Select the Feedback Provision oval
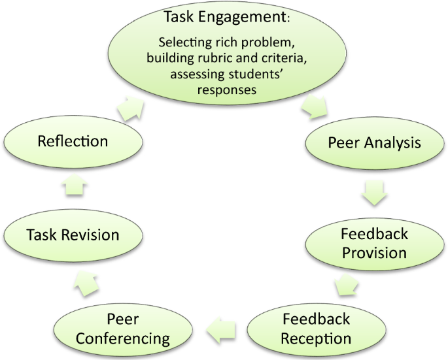point(373,242)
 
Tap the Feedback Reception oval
point(317,329)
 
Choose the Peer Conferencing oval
point(120,329)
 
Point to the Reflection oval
point(73,141)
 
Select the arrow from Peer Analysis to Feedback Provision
point(373,193)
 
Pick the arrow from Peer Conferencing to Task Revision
point(86,282)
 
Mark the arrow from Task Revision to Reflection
point(73,188)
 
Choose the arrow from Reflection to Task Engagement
point(133,108)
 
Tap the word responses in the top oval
point(226,90)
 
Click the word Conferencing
point(120,339)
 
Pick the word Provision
point(375,252)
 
